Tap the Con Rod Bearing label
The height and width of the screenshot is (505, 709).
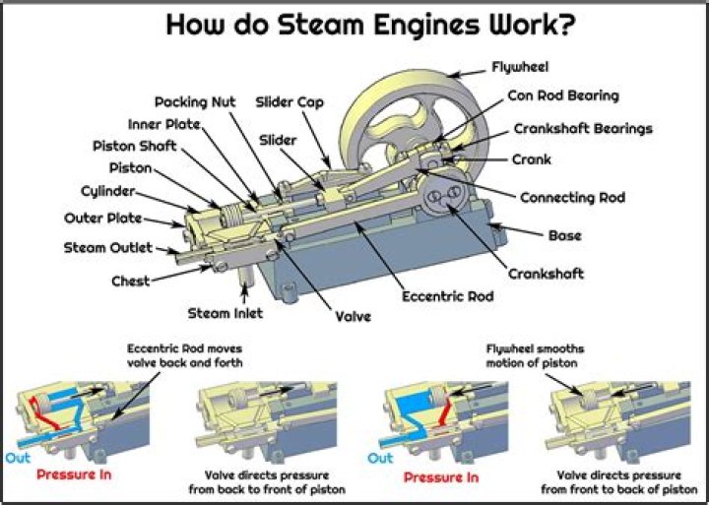point(563,96)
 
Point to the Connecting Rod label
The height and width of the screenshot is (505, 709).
point(571,198)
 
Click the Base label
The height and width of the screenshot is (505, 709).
point(564,235)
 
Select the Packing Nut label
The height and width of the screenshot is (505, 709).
point(194,101)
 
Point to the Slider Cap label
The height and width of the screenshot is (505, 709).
point(291,101)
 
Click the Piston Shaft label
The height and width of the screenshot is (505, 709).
point(135,146)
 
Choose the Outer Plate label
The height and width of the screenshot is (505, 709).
point(103,218)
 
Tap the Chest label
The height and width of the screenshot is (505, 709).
point(130,281)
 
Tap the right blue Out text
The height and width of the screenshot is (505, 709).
point(380,458)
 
